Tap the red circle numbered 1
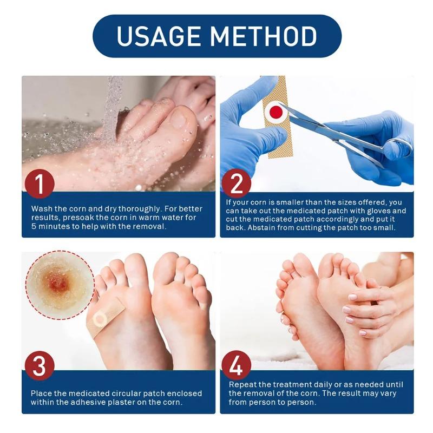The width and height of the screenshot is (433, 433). pos(40,184)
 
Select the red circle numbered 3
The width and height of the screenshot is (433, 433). pos(40,366)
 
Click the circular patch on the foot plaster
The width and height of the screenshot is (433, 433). pos(100,320)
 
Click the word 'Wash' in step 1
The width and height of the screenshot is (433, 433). pos(42,208)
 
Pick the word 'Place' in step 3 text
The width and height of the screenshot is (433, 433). pos(42,393)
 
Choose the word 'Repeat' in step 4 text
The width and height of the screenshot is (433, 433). pos(242,384)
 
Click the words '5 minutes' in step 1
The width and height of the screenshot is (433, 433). pos(49,226)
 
